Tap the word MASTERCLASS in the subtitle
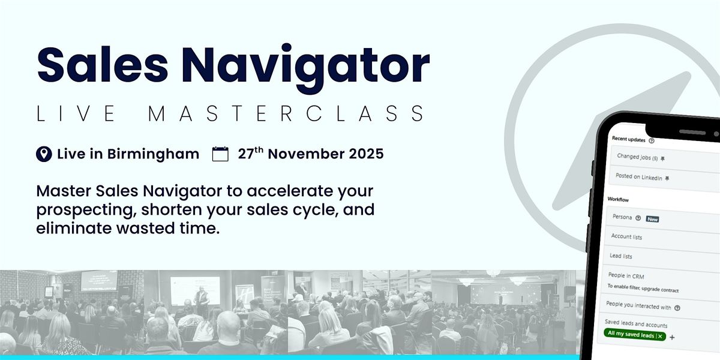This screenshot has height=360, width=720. coord(287,114)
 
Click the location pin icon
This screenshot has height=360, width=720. coord(44,154)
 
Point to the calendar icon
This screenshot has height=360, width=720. coord(221,154)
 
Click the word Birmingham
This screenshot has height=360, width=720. coord(153,154)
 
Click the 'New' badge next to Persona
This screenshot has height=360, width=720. coord(652,219)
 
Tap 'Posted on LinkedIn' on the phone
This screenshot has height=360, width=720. coord(639,177)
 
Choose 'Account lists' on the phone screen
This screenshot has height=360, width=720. coord(626,237)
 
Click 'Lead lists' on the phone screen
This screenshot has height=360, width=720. coord(620,256)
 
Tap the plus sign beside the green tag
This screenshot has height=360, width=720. coord(672,337)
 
